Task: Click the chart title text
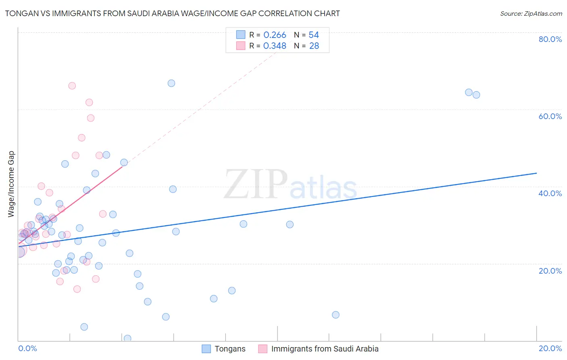[172, 13]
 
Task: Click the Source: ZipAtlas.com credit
[531, 13]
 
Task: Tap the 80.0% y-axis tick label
[550, 39]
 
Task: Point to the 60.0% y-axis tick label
[550, 116]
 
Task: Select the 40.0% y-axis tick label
[550, 193]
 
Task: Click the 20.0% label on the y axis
[550, 271]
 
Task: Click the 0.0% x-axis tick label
[27, 348]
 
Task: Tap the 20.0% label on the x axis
[550, 348]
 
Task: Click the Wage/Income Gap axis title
[11, 184]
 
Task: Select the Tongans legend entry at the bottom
[230, 349]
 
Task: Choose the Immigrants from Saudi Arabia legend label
[325, 349]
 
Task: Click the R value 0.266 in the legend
[275, 35]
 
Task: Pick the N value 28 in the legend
[314, 46]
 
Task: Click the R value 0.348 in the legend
[275, 46]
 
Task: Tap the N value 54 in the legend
[314, 35]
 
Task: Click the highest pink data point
[72, 86]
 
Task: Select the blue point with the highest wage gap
[171, 83]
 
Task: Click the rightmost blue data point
[476, 95]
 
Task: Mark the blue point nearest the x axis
[127, 338]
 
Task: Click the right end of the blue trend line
[536, 173]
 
